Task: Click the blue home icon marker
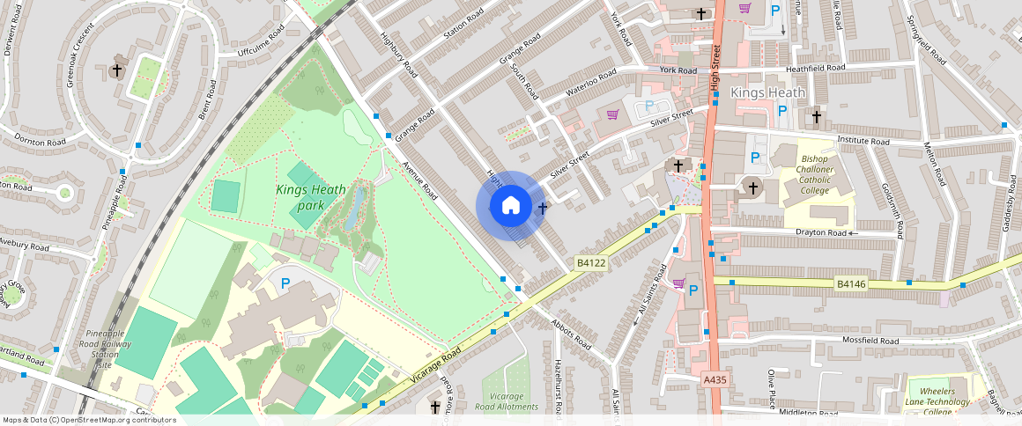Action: point(510,206)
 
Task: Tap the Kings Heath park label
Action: point(300,197)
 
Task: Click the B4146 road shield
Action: point(851,283)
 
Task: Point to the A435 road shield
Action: point(715,379)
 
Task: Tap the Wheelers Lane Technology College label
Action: point(942,401)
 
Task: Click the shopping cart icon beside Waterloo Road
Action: point(612,114)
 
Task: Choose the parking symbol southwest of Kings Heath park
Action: point(285,283)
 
